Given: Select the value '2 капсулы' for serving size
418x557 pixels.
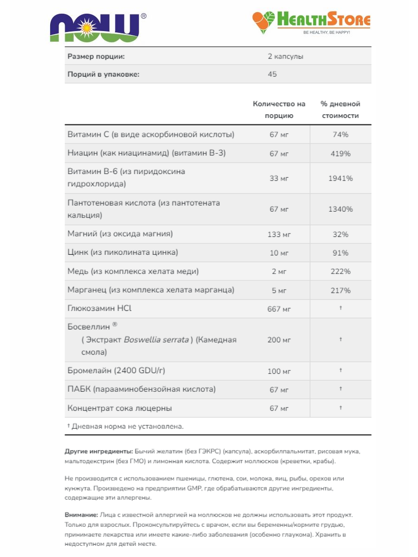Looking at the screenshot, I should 285,56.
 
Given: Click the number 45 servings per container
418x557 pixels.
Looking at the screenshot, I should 272,74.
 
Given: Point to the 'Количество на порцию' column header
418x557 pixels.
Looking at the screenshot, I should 279,110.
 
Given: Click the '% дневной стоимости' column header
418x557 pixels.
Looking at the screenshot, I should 340,110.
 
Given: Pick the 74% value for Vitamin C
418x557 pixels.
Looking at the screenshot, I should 340,135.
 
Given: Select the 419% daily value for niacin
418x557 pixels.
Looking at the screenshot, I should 340,153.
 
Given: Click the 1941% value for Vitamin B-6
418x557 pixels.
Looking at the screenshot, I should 340,178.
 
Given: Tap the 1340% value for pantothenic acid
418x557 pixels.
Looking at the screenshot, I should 340,209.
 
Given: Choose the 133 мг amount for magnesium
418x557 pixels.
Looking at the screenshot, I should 279,234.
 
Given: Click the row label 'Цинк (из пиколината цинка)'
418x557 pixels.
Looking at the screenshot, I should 123,253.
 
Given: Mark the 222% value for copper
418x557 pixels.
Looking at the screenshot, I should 340,272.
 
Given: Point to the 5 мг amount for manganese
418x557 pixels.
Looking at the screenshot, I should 279,290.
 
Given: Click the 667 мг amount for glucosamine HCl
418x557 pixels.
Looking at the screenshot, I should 279,309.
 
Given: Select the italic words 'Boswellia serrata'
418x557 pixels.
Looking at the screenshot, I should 156,340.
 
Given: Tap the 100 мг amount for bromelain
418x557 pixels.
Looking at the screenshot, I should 279,371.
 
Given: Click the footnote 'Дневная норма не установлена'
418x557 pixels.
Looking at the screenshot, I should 127,426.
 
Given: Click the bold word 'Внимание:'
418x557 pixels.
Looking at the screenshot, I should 81,515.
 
